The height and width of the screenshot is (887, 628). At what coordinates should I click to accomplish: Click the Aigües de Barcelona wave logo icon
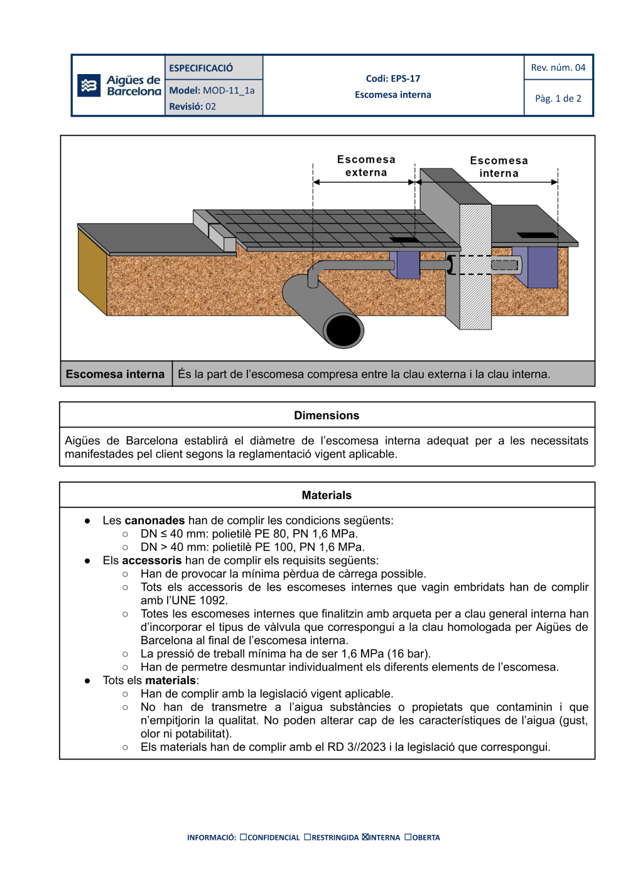89,85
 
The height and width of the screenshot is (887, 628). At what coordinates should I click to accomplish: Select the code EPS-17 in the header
405,78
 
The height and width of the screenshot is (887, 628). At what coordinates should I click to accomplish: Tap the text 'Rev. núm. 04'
558,67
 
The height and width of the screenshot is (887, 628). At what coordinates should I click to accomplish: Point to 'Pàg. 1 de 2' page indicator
558,99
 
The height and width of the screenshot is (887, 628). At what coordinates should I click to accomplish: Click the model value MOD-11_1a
229,90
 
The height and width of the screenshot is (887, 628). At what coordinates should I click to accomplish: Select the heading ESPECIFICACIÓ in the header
201,68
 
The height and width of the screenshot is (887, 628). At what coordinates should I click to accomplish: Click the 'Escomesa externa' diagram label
366,166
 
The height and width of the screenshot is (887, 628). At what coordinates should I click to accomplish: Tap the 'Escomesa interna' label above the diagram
499,167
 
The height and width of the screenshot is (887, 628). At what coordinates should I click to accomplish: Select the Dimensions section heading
327,416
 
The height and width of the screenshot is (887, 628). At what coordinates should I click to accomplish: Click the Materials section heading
327,495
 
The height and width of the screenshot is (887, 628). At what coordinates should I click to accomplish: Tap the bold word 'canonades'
154,520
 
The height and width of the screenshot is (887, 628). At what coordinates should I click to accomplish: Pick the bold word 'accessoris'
151,561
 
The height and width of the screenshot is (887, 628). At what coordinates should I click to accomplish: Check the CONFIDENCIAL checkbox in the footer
244,837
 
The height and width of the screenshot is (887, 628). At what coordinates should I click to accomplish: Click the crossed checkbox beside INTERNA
365,837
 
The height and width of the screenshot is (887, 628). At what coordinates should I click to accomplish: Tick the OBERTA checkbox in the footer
408,837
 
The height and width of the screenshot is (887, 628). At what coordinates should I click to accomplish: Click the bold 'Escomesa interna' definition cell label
115,374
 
